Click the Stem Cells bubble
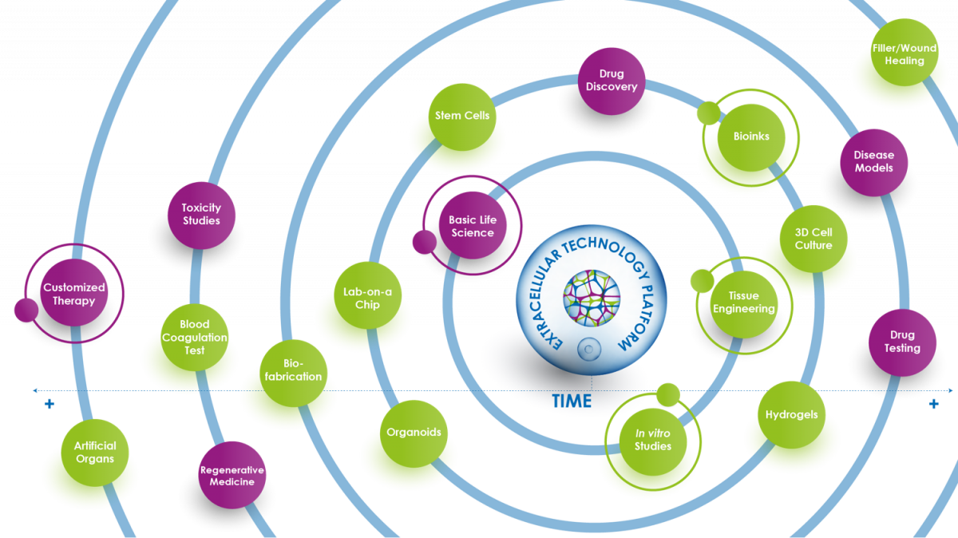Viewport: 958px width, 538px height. (462, 116)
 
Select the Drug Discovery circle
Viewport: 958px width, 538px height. (611, 81)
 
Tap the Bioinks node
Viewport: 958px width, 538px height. (751, 136)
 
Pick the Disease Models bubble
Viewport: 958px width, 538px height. (874, 162)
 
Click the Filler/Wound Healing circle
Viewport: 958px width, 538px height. (905, 54)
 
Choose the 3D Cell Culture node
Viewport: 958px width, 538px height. (814, 239)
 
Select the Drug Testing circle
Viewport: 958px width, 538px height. (902, 342)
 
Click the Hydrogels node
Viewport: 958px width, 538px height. (791, 415)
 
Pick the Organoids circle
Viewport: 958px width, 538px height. (414, 433)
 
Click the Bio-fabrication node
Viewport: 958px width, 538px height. (293, 370)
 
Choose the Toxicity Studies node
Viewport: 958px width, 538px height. (201, 214)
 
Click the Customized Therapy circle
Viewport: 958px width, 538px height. (74, 294)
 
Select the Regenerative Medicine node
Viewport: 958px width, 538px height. (232, 475)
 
